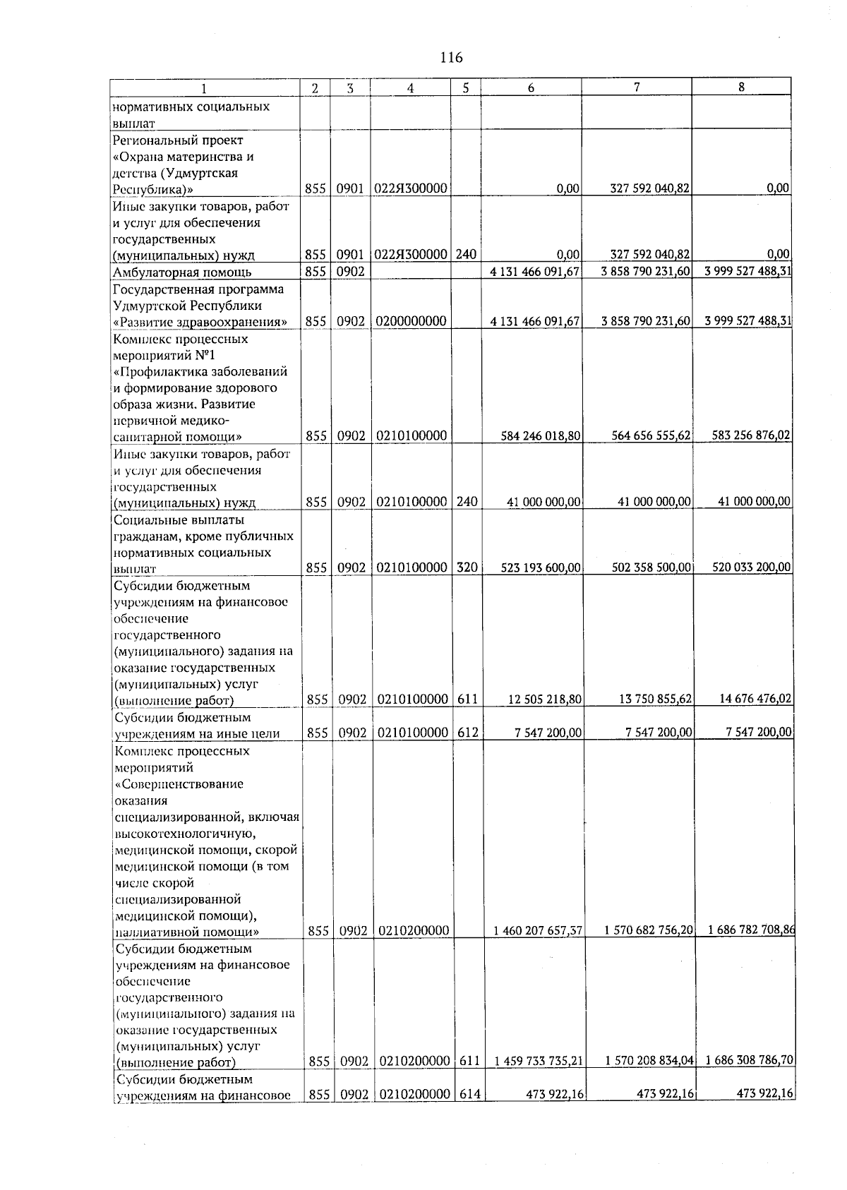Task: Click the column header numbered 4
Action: [x=410, y=88]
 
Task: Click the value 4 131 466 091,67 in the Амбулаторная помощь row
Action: [x=534, y=272]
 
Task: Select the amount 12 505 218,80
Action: [x=545, y=699]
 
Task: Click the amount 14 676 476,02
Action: [x=755, y=699]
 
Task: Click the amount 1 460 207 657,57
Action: [x=538, y=931]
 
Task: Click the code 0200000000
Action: [x=411, y=322]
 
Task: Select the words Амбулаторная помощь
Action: [x=182, y=272]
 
